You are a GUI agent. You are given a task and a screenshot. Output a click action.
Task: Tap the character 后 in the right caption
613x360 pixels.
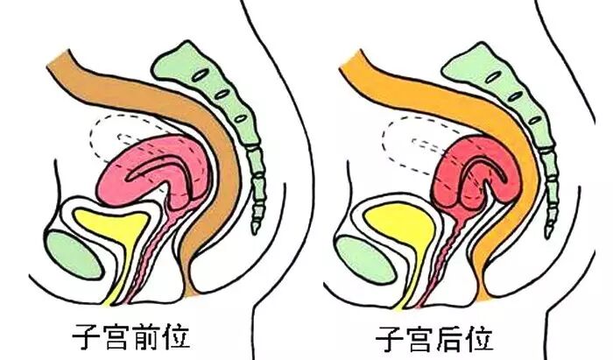454,335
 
